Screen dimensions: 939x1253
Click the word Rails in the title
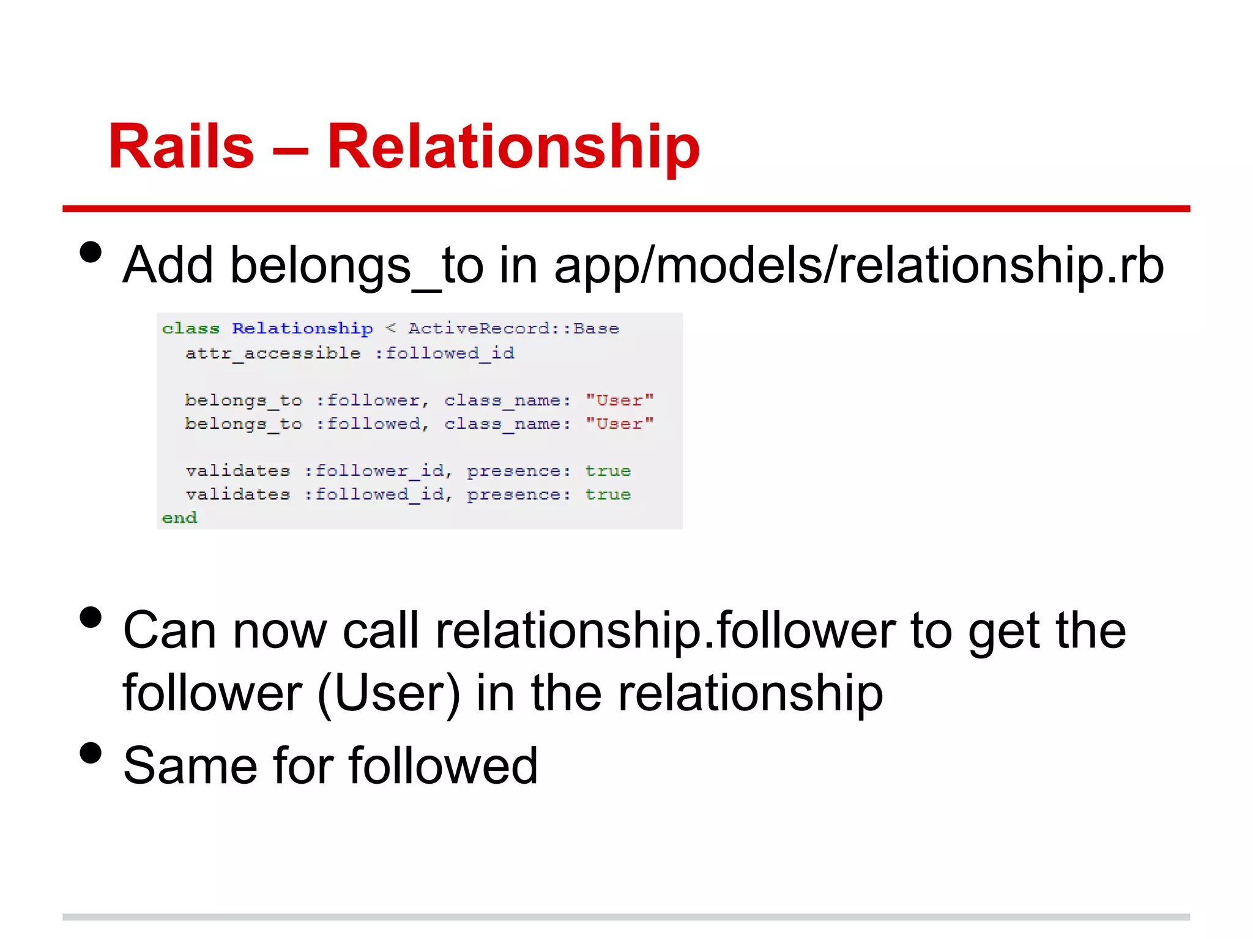(x=181, y=147)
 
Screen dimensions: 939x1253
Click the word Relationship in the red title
(x=513, y=147)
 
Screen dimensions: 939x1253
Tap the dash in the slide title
(x=290, y=150)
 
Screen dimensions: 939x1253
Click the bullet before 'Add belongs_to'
(x=91, y=252)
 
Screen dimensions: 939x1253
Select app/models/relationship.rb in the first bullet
(x=858, y=266)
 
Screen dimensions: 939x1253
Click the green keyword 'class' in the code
(x=190, y=329)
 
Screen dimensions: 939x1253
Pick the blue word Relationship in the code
(x=302, y=329)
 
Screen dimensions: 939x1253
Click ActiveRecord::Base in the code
(x=513, y=329)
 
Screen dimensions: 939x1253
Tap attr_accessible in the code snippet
(x=273, y=353)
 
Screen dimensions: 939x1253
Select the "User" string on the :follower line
(x=619, y=400)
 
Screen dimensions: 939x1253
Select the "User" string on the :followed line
(x=619, y=424)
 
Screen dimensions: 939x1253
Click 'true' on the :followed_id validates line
(x=608, y=494)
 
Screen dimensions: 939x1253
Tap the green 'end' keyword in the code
(x=179, y=518)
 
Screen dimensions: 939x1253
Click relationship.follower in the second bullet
(x=665, y=631)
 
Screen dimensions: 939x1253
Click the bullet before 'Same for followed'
(x=91, y=753)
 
